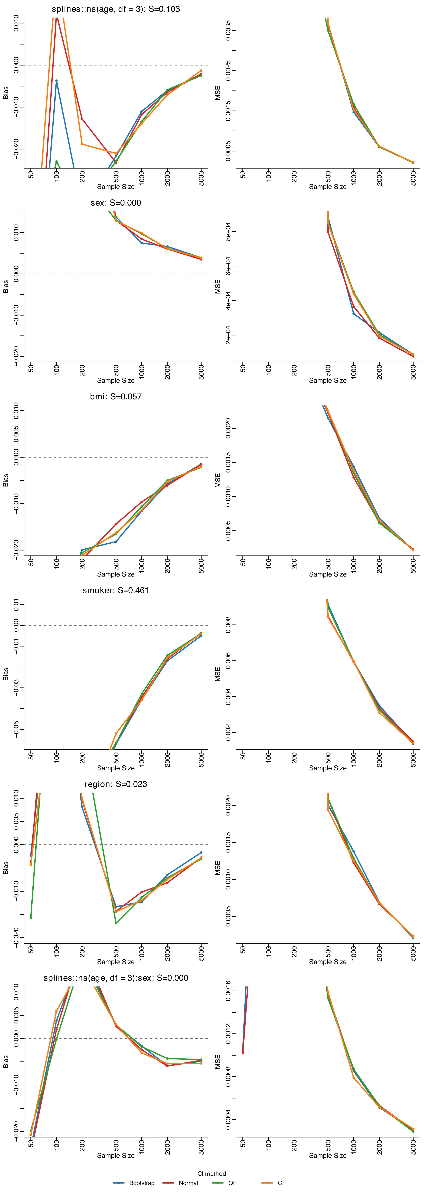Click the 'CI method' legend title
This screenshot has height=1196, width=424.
click(212, 1173)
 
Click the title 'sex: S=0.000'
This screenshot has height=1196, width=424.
click(116, 203)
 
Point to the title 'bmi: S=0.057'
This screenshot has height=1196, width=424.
click(116, 396)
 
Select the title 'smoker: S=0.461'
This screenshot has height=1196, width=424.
click(116, 590)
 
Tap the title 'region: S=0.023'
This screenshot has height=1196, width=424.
click(116, 784)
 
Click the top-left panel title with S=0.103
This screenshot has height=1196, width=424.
click(116, 9)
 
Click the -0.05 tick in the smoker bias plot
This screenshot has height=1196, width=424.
click(16, 729)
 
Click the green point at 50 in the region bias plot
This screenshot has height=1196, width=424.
click(31, 918)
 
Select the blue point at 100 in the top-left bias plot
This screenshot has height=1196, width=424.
click(57, 81)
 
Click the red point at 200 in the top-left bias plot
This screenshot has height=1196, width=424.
click(82, 119)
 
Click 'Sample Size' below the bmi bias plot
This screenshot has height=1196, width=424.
click(116, 574)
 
